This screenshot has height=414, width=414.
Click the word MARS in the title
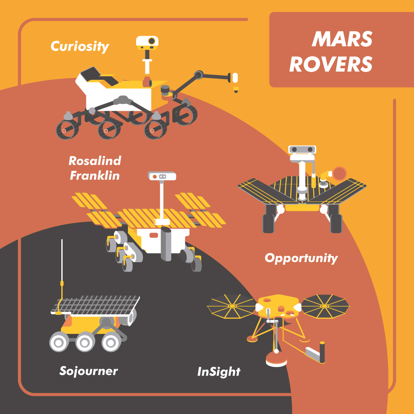point(342,39)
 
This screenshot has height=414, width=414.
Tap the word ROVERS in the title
point(331,64)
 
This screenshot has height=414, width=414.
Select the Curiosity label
point(80,47)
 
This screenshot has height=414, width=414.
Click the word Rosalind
point(95,161)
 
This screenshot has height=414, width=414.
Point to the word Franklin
point(95,176)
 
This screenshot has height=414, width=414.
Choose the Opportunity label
point(301,258)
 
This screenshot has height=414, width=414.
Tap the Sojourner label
point(89,371)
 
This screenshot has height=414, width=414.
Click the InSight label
point(219,372)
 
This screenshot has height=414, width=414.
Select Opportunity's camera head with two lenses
point(302,149)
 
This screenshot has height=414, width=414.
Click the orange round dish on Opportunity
point(339,174)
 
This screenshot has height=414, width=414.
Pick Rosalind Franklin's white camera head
point(162,176)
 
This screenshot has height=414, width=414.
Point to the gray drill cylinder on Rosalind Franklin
point(166,243)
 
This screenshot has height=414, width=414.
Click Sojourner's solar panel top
point(95,306)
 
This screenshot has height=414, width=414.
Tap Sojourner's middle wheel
point(85,342)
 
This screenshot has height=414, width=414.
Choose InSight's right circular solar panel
point(325,306)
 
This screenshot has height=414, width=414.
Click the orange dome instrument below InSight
point(276,359)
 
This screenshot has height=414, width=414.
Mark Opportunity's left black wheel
point(268,223)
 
